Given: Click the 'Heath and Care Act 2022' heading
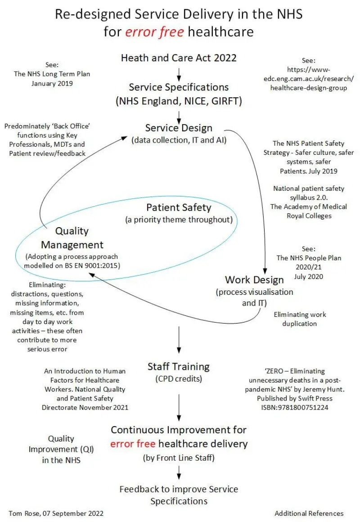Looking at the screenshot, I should pyautogui.click(x=179, y=58).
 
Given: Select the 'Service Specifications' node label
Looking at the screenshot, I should pyautogui.click(x=179, y=87).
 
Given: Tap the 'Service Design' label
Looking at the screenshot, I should pyautogui.click(x=179, y=128).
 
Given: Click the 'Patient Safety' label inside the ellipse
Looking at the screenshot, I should pyautogui.click(x=179, y=208).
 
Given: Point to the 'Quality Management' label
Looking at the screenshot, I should pyautogui.click(x=72, y=238).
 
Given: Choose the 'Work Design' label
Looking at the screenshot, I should pyautogui.click(x=254, y=279).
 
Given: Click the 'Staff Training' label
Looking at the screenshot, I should pyautogui.click(x=179, y=366).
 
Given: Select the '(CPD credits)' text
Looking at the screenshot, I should pyautogui.click(x=179, y=379).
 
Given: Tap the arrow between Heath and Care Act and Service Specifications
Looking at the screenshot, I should pyautogui.click(x=179, y=73).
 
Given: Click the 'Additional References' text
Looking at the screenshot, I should pyautogui.click(x=309, y=513).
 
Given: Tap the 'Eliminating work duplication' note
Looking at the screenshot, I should pyautogui.click(x=300, y=319).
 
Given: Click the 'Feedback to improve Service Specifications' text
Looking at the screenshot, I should pyautogui.click(x=179, y=495).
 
